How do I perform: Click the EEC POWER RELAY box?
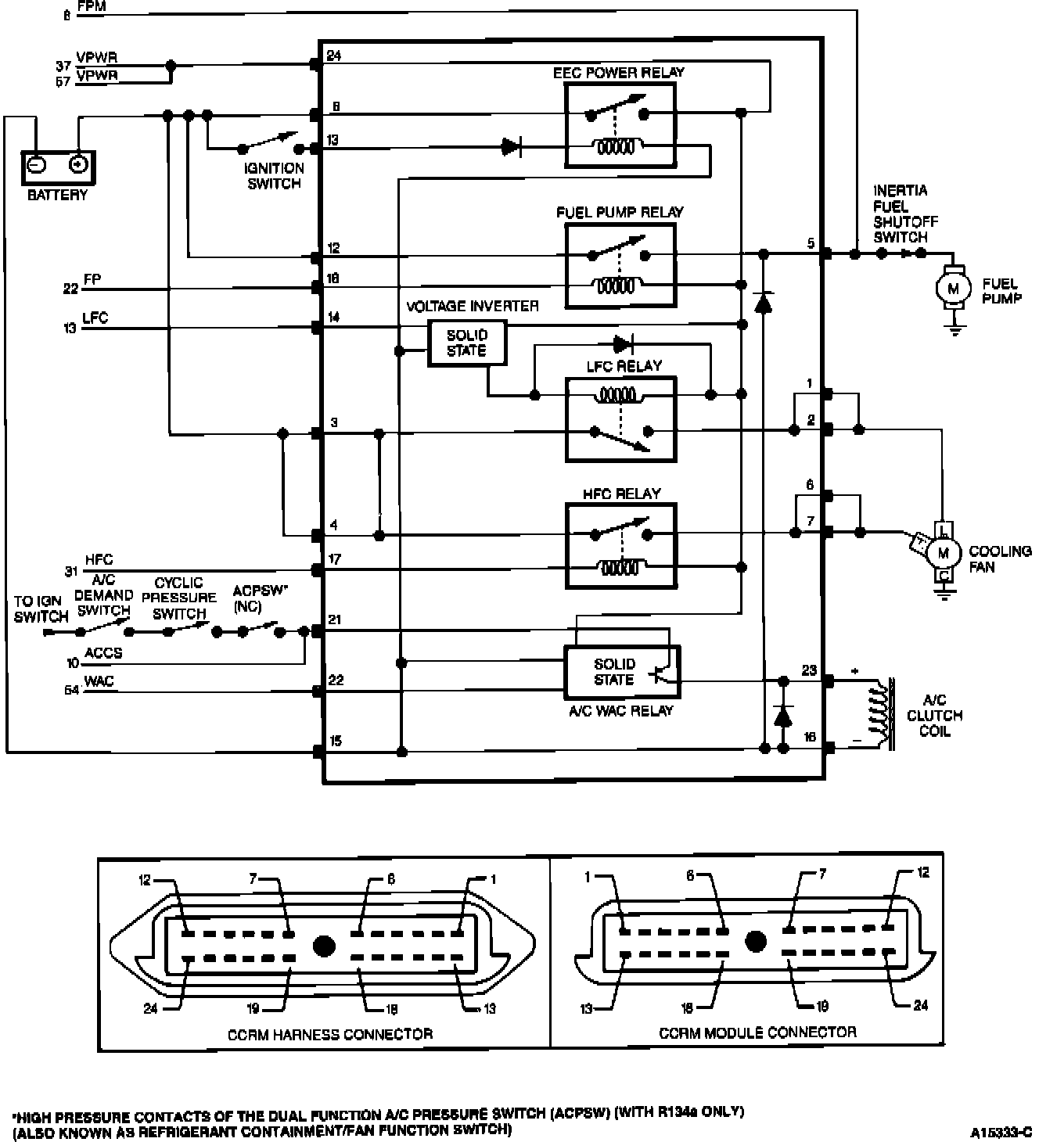pos(620,125)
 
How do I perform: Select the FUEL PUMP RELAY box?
pos(620,265)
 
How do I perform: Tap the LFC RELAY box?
pos(620,419)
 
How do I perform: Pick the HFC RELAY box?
pos(620,545)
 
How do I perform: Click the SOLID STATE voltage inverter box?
pos(467,343)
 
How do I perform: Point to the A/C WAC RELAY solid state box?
pos(622,671)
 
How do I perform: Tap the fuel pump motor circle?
pos(953,288)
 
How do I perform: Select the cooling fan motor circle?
pos(944,553)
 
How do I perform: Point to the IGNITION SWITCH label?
pos(274,176)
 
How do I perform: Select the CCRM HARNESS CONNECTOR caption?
pos(330,1034)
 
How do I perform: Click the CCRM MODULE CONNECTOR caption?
pos(757,1032)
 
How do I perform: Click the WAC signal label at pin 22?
pos(99,681)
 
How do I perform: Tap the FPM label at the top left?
pos(92,7)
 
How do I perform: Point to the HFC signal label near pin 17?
pos(99,560)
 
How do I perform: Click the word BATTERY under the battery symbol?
pos(57,195)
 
